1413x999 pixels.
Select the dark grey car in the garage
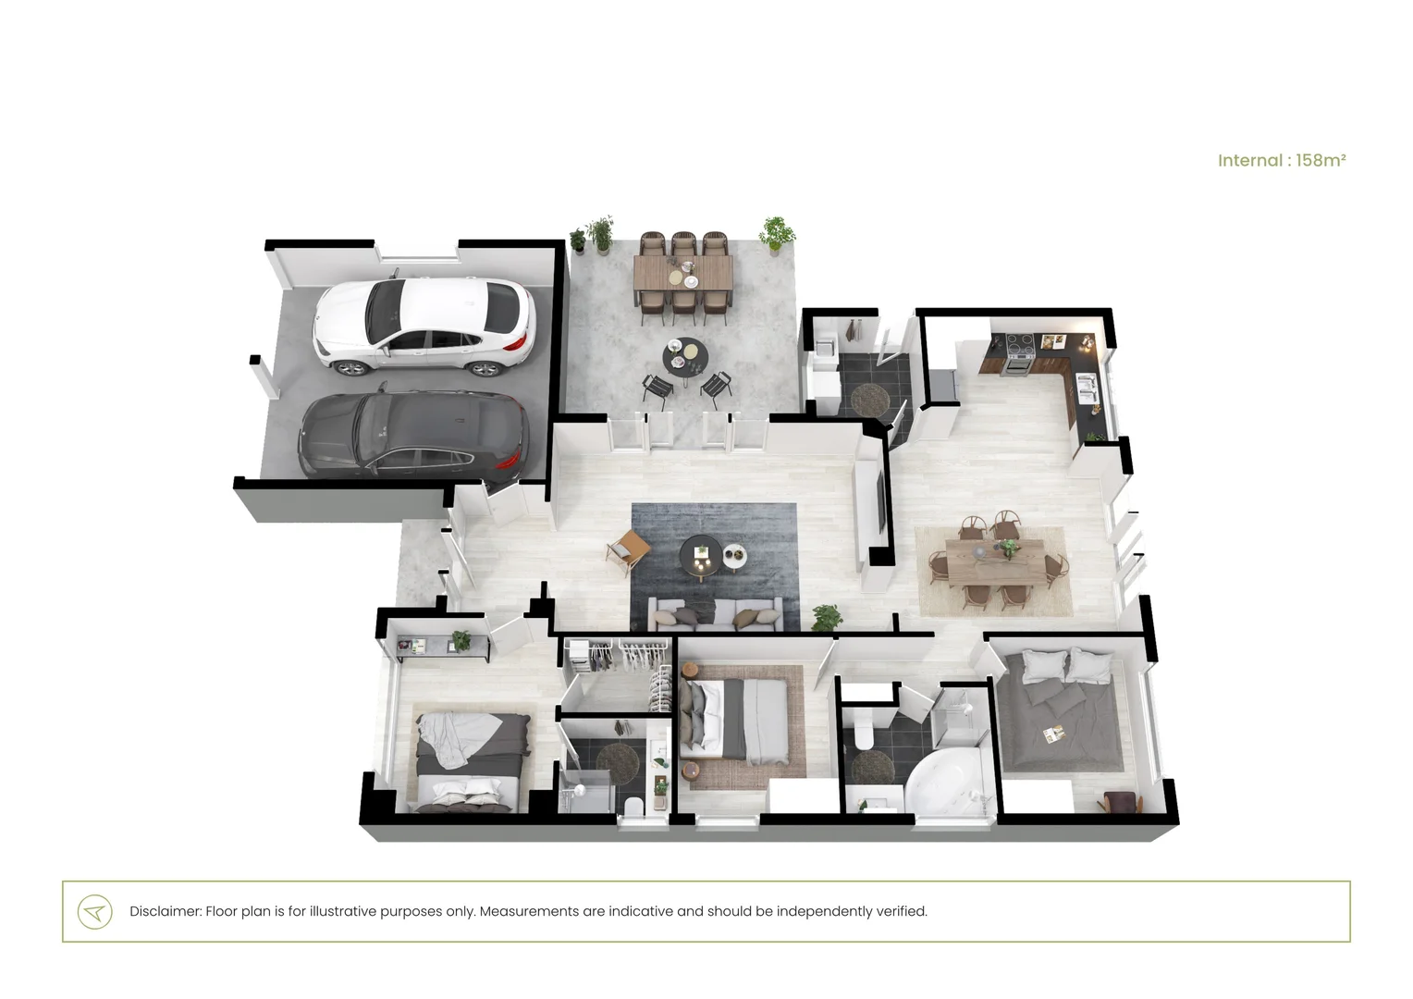pos(413,434)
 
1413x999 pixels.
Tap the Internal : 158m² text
pos(1281,160)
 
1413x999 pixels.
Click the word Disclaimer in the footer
pos(164,911)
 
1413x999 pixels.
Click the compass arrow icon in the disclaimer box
pos(94,912)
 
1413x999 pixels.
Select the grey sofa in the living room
pos(715,614)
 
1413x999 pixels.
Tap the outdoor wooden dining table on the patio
pos(683,274)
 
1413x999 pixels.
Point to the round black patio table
pos(685,356)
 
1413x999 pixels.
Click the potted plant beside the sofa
pos(827,617)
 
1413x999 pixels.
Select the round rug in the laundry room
pos(869,400)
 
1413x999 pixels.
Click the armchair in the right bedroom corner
pos(1122,802)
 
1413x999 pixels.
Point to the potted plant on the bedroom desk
pos(461,639)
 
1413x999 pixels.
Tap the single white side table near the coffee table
pos(735,557)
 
